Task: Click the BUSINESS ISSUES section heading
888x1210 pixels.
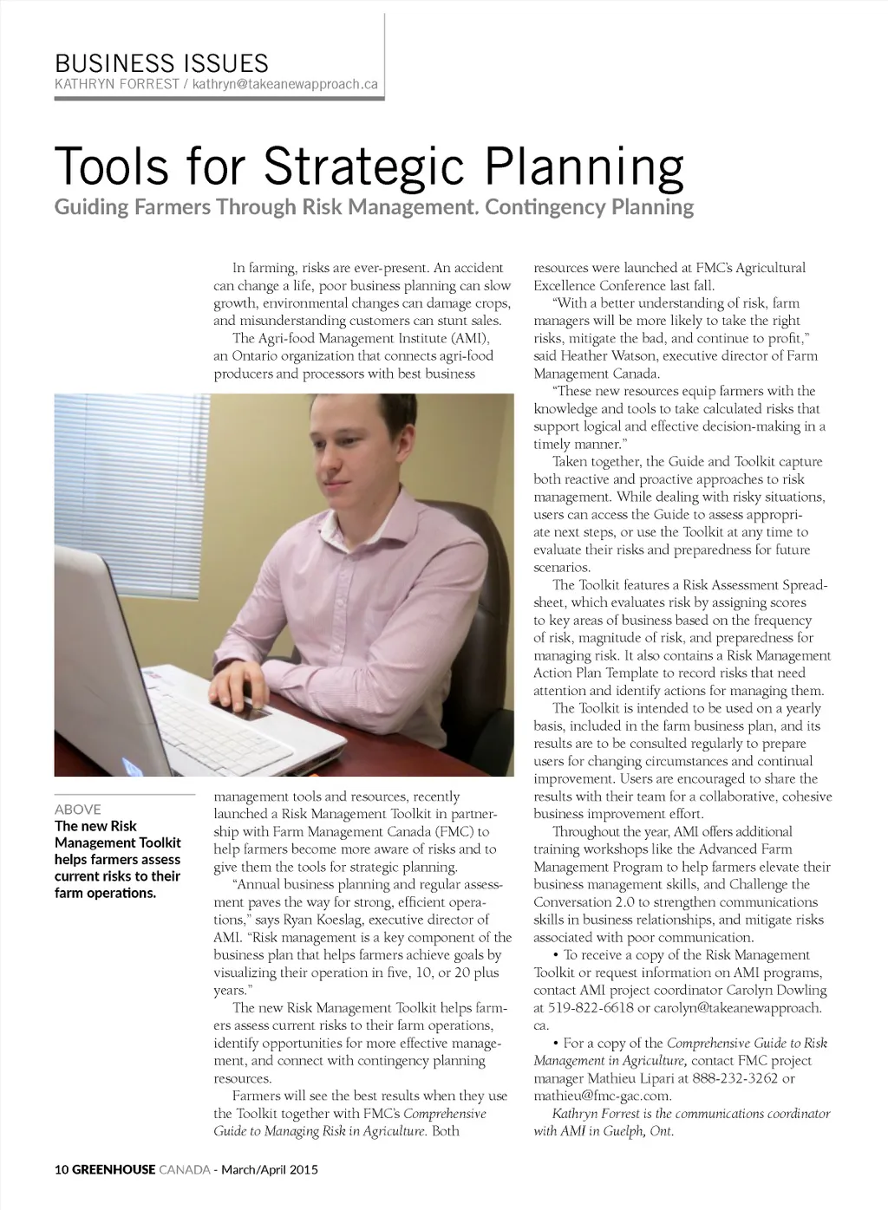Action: [x=161, y=63]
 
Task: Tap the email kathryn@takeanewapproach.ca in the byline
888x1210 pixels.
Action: [x=285, y=85]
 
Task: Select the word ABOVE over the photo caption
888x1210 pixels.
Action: [x=78, y=809]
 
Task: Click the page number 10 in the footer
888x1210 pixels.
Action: [x=61, y=1169]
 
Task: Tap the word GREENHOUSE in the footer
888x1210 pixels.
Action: [x=114, y=1169]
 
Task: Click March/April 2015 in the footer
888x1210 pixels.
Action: [x=270, y=1169]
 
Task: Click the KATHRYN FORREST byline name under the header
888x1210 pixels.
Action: [x=116, y=85]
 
